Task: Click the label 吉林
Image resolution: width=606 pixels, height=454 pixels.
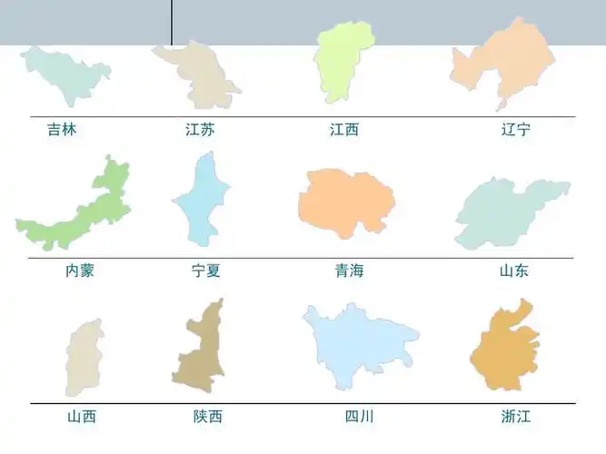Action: (x=62, y=130)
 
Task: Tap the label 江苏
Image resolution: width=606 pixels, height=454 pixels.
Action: (x=200, y=130)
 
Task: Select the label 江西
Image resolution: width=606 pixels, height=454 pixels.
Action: (x=344, y=130)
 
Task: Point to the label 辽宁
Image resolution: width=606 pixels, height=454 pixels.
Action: (x=515, y=130)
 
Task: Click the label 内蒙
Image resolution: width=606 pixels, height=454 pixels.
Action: (x=80, y=271)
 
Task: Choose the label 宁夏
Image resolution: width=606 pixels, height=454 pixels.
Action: (x=205, y=271)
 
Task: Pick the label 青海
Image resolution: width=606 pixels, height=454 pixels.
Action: (x=349, y=271)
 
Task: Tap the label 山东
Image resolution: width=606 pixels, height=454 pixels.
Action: (x=513, y=271)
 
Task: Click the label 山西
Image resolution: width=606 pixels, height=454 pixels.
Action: (x=81, y=417)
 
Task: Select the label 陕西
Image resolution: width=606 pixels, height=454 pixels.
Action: (x=207, y=417)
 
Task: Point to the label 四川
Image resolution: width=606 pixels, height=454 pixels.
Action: (x=359, y=417)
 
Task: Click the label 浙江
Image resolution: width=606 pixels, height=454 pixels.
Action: (x=515, y=417)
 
